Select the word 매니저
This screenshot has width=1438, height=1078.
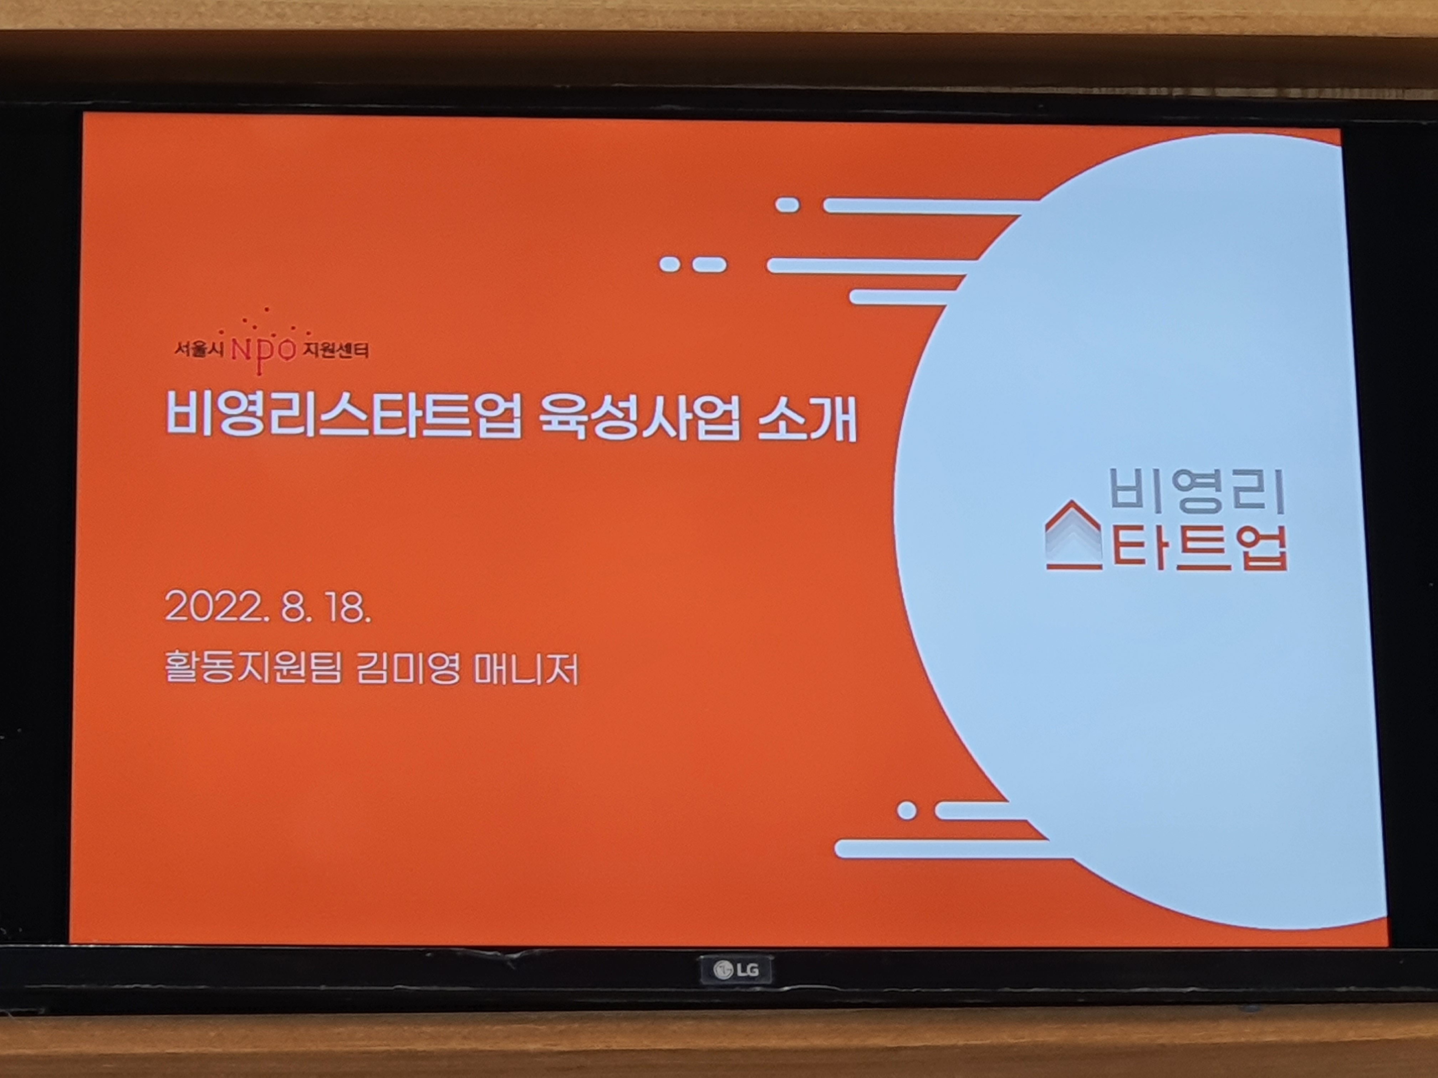click(526, 669)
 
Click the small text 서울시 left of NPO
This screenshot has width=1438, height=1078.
click(199, 350)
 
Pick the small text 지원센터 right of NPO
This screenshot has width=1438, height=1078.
click(336, 351)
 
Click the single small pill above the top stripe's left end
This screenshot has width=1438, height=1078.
click(787, 205)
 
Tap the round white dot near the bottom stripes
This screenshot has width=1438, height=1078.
click(907, 810)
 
